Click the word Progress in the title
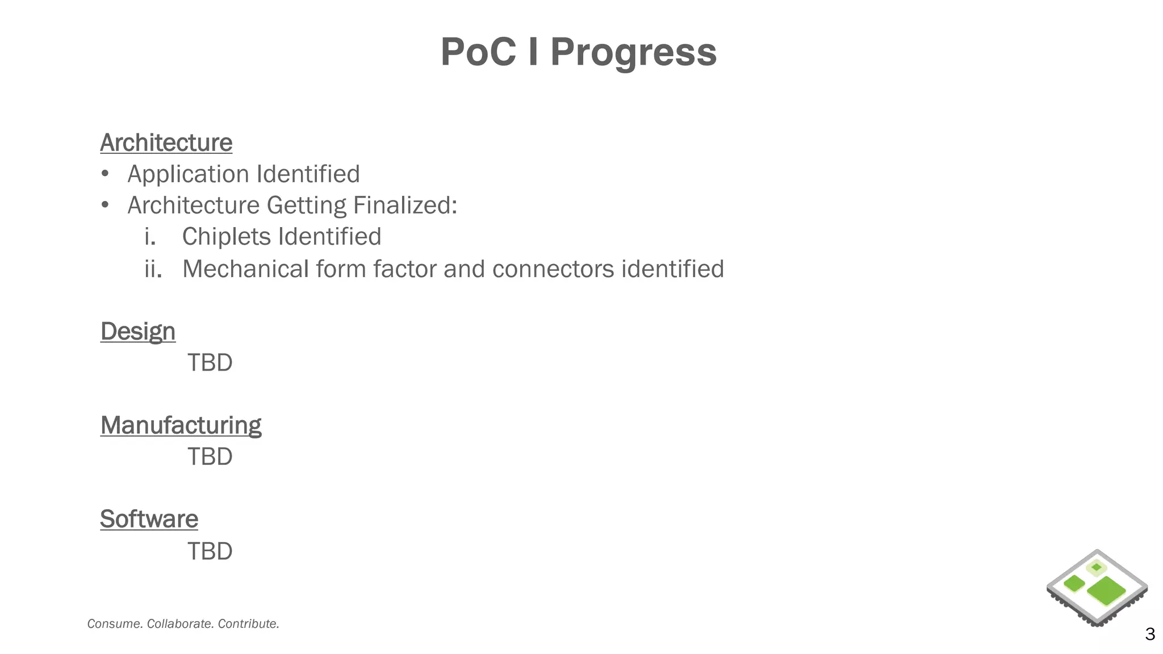(633, 52)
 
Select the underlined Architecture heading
(166, 142)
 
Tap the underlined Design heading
(137, 331)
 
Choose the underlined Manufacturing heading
(181, 425)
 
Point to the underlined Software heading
(149, 519)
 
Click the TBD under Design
(210, 363)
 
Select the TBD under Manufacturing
(210, 457)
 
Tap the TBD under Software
(210, 551)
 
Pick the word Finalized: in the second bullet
(405, 206)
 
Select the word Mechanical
(245, 269)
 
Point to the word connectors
(553, 269)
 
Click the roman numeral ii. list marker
(153, 269)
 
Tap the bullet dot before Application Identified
(104, 174)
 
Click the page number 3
(1149, 634)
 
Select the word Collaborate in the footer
(179, 624)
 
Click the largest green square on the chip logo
(1106, 591)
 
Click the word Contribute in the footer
(248, 624)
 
